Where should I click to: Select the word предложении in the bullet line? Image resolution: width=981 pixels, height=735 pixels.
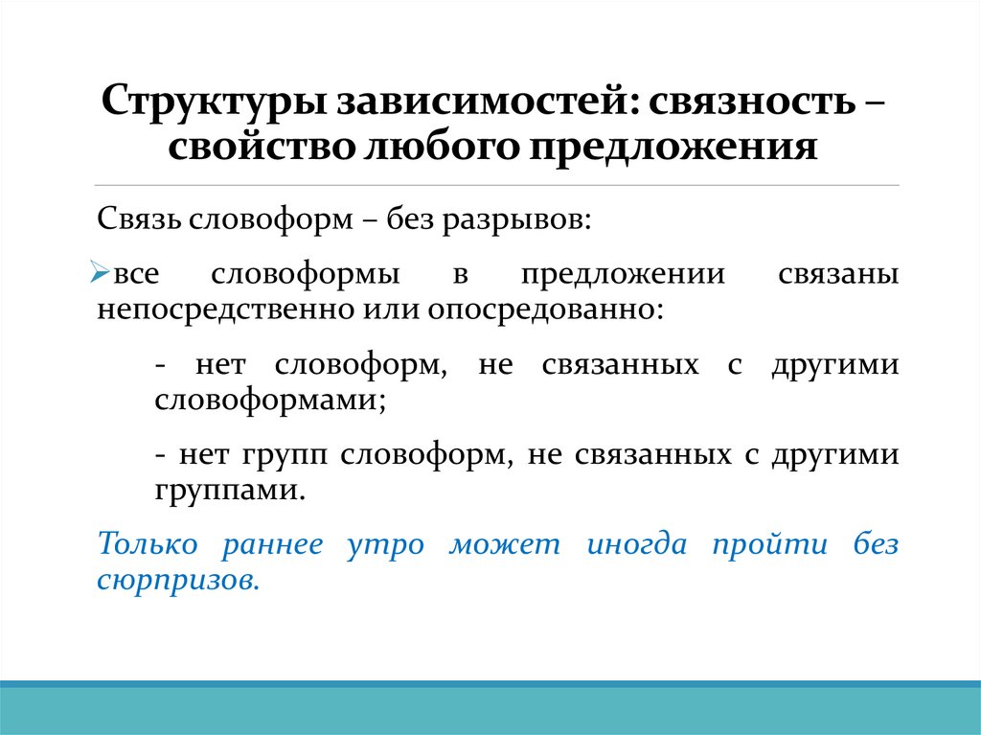tap(623, 274)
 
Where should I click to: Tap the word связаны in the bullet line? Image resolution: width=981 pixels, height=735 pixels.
tap(837, 274)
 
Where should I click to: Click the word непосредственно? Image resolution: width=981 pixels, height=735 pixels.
tap(226, 310)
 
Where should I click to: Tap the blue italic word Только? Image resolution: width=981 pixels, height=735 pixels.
tap(148, 544)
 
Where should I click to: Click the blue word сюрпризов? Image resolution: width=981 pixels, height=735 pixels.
tap(178, 581)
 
